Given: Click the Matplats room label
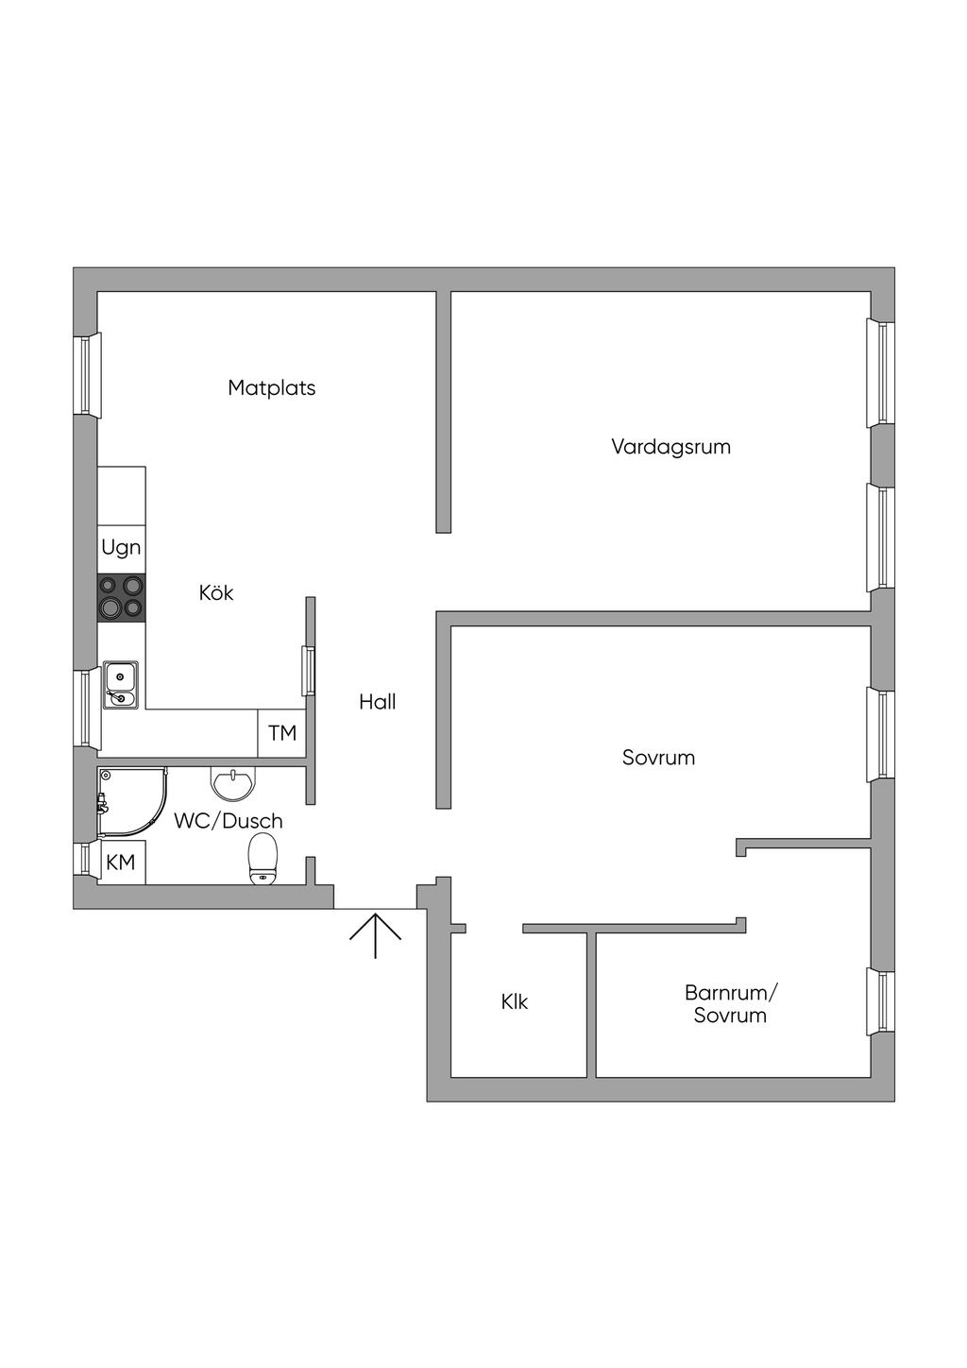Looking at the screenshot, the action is (271, 387).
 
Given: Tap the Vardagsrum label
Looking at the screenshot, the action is (670, 447).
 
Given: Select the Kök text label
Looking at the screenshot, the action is (215, 592).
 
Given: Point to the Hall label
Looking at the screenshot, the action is (377, 702).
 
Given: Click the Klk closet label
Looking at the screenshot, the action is (515, 1001).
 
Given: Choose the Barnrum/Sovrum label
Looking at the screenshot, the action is (730, 1004).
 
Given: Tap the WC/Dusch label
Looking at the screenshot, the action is (228, 821).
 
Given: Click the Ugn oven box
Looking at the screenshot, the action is (122, 548).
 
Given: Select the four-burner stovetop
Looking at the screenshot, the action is (122, 597).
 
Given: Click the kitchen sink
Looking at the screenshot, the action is (120, 684).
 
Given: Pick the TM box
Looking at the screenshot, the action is (281, 733).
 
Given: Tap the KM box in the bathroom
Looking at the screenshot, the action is (121, 863).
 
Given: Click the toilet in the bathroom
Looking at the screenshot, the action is (263, 859).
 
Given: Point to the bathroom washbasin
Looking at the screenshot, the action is (232, 783).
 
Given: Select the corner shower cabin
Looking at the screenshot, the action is (129, 802).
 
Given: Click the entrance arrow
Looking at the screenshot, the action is (376, 934).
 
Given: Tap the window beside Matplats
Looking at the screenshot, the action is (87, 374).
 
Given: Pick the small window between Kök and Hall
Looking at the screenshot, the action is (308, 670).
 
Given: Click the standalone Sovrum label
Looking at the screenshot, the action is (658, 758).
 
